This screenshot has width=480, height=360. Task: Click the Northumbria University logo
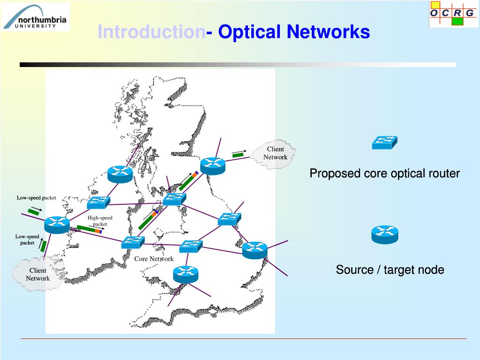[36, 17]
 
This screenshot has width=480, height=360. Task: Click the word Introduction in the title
[151, 32]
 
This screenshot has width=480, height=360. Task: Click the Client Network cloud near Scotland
[275, 153]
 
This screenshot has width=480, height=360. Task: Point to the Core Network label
[154, 259]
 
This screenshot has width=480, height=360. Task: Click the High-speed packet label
[100, 221]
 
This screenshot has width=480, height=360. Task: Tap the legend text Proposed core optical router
[384, 173]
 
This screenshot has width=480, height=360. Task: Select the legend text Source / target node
[390, 270]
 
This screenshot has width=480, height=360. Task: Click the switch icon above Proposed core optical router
[384, 142]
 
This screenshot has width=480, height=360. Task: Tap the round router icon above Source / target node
[384, 234]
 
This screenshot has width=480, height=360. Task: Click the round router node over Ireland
[57, 225]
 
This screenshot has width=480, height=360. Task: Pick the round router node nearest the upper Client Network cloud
[212, 165]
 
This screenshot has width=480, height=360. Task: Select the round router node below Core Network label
[186, 274]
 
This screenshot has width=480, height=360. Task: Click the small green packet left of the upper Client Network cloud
[238, 154]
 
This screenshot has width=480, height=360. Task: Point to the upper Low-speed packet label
[36, 198]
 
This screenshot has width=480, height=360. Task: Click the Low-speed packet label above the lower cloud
[27, 240]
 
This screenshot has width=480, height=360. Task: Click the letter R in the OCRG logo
[457, 13]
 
